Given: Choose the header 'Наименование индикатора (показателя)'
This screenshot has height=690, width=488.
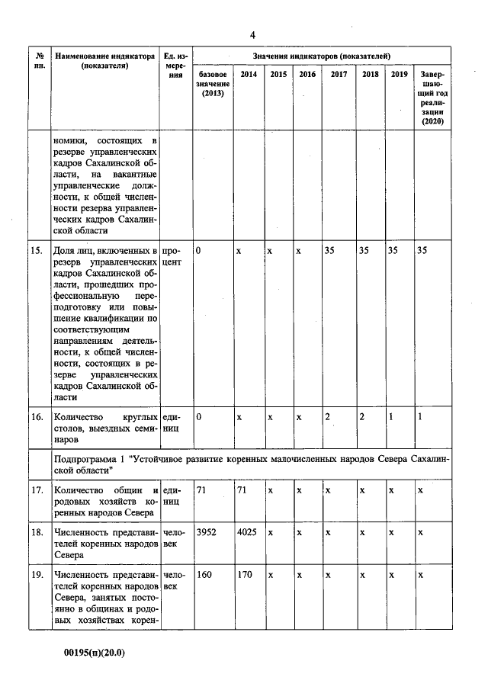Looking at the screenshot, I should [x=105, y=61].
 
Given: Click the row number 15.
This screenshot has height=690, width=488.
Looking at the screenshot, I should [x=37, y=250].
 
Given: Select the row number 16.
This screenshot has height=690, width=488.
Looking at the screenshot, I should [x=37, y=417].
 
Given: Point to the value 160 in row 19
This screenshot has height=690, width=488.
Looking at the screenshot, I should [x=204, y=575].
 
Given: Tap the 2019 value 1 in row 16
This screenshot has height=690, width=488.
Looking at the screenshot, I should [x=390, y=417].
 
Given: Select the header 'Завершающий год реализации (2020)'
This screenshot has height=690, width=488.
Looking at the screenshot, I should [x=432, y=98].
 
